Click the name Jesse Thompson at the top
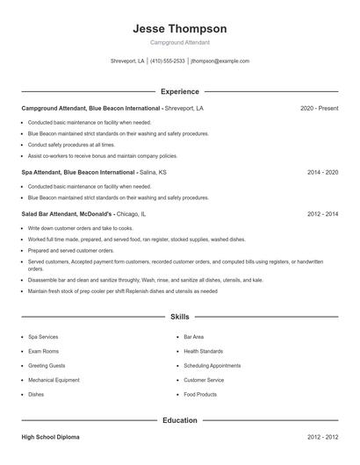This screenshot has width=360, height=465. pos(179,28)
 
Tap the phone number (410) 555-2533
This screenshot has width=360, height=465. pos(167,61)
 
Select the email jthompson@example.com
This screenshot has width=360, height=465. pos(220,61)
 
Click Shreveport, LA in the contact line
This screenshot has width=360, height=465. pos(127,61)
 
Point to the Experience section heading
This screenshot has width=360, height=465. pos(179,91)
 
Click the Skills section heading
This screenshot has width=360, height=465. pos(179,316)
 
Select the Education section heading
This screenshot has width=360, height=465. pos(179,420)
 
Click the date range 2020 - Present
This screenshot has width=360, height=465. pos(319,108)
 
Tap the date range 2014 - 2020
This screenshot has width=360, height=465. pos(322,173)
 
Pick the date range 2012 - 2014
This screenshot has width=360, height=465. pos(322,213)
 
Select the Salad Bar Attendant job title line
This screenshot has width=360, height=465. pos(83,213)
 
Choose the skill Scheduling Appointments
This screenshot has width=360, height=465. pos(212,365)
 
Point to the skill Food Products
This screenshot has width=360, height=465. pos(200,394)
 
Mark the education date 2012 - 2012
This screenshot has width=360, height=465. pos(322,436)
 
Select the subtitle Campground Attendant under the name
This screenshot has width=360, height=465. pos(179,42)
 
